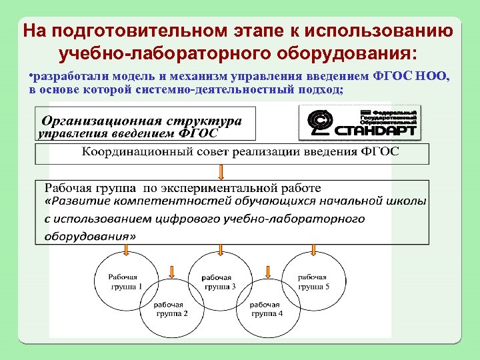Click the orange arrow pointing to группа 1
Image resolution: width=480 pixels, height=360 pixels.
coord(125,250)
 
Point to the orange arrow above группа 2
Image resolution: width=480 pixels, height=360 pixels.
coord(172,271)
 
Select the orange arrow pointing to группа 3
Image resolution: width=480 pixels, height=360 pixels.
coord(219,250)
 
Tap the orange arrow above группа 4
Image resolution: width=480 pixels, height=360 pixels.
coord(266,271)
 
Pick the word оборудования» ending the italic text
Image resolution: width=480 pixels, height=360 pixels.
coord(89,235)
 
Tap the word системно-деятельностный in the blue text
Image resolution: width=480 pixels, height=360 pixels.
coord(205,89)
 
